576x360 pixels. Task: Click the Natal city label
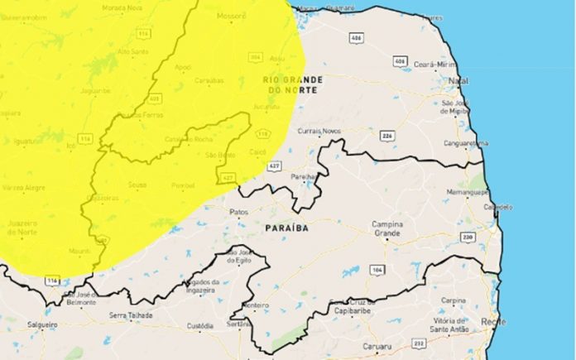(458, 80)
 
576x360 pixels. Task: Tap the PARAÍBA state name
(286, 226)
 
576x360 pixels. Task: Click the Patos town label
(239, 212)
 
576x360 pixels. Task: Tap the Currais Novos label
(319, 131)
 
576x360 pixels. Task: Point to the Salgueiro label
(42, 325)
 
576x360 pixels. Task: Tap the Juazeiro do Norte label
(22, 228)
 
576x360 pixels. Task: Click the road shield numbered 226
(386, 135)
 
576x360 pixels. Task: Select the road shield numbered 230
(468, 238)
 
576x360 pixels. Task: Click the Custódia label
(199, 326)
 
